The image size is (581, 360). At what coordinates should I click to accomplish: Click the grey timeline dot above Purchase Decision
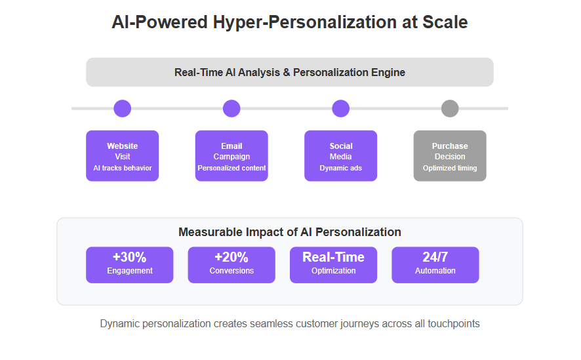[450, 108]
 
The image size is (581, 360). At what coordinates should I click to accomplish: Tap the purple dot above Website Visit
[122, 108]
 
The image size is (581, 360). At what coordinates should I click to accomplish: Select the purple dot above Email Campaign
[231, 108]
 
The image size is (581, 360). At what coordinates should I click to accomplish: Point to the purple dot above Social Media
[340, 108]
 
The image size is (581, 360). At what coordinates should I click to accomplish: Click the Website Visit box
[122, 155]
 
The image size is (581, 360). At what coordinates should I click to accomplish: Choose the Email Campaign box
[231, 155]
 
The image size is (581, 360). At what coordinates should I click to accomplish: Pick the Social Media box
[340, 155]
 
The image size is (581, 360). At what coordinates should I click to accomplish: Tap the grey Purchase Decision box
[450, 155]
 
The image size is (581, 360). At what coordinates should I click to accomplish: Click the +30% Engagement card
[130, 265]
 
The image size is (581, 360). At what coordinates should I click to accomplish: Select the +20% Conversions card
[231, 265]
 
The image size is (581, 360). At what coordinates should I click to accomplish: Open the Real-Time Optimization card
[334, 265]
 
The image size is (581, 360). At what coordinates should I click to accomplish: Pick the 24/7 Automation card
[435, 265]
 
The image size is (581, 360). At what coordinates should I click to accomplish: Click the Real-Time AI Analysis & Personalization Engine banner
[290, 72]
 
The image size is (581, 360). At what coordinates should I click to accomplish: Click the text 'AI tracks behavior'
[122, 168]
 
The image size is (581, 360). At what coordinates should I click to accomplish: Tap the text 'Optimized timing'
[450, 168]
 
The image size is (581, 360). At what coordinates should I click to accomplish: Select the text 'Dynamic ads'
[340, 168]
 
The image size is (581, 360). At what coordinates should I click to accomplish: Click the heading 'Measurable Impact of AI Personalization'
[290, 232]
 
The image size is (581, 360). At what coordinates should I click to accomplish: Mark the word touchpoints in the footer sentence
[454, 324]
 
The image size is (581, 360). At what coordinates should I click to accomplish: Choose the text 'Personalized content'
[231, 168]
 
